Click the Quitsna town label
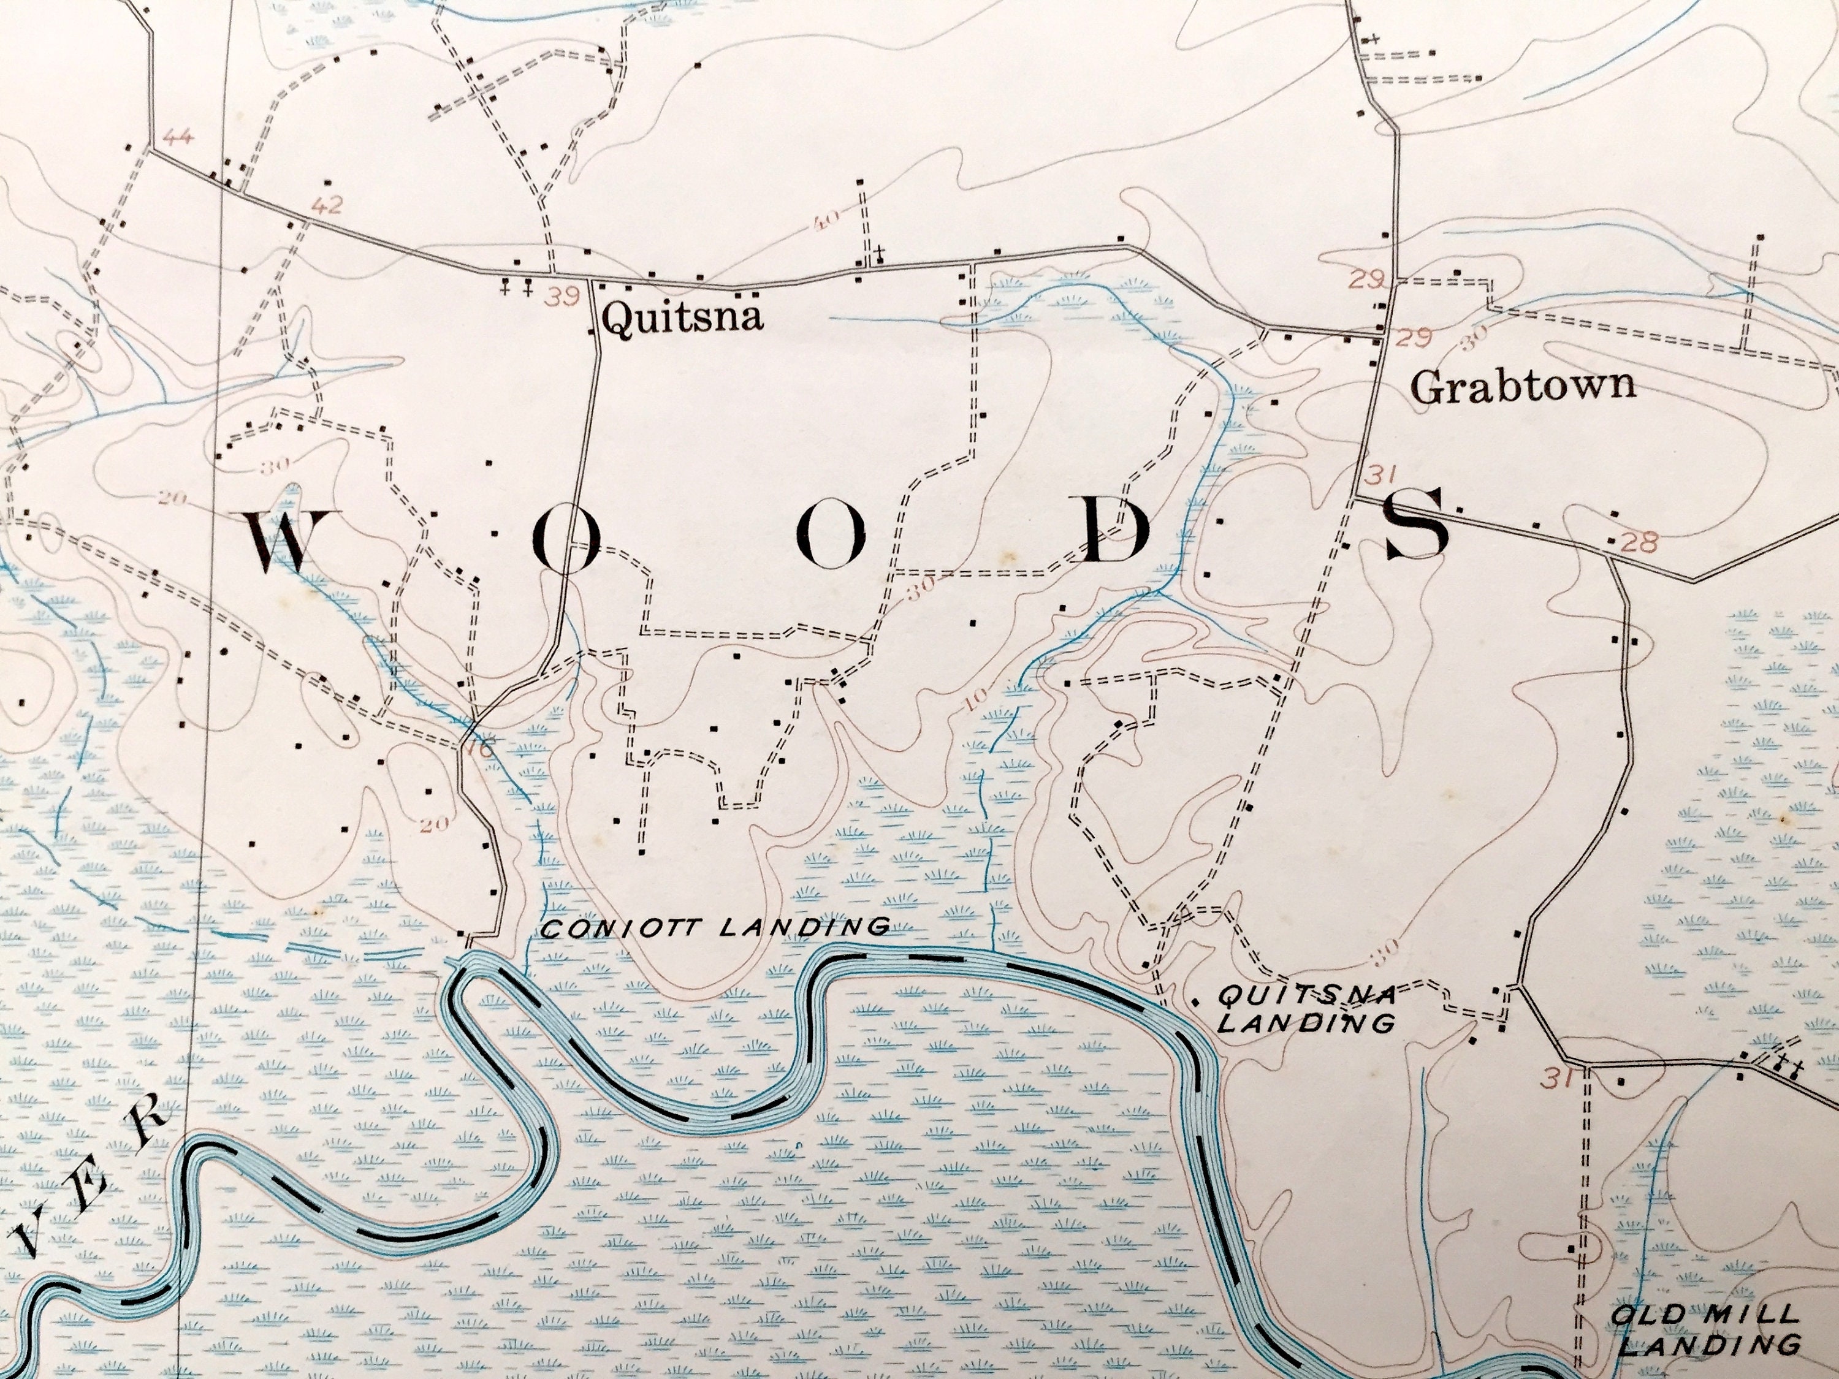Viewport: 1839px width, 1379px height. (682, 317)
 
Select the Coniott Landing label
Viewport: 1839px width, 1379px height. (715, 926)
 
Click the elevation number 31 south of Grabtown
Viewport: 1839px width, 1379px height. (1379, 476)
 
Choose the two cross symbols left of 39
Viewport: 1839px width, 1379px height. (516, 289)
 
